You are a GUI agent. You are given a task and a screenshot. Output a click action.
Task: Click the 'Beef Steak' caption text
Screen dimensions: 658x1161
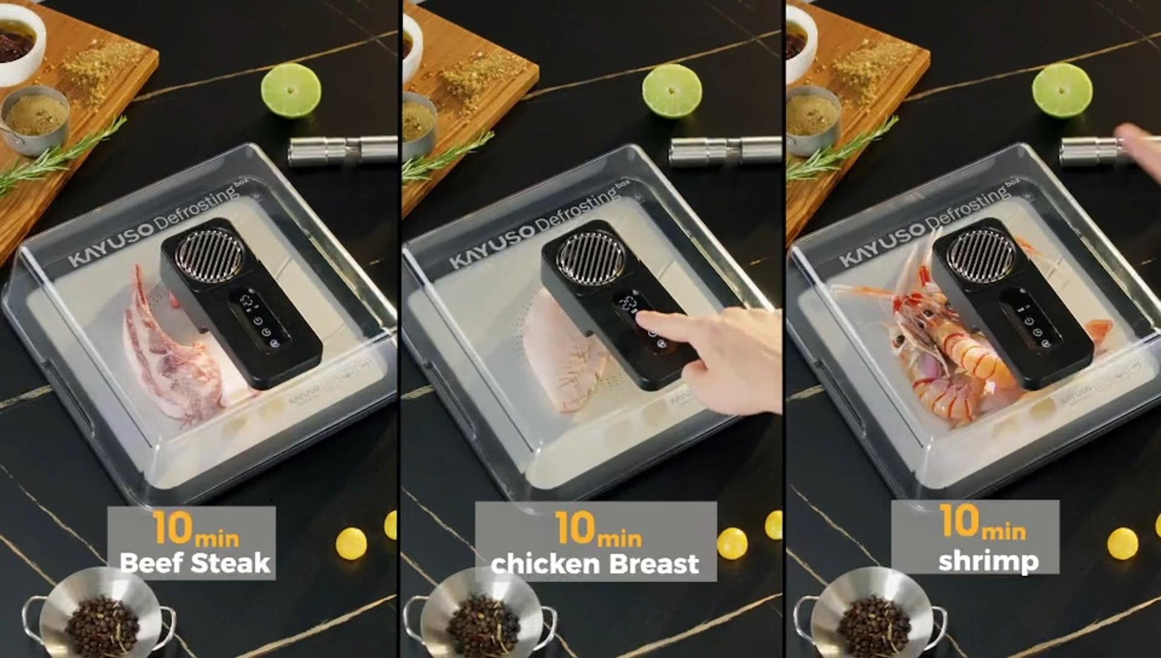tap(194, 563)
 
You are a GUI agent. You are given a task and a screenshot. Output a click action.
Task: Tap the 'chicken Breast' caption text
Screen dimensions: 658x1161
tap(595, 564)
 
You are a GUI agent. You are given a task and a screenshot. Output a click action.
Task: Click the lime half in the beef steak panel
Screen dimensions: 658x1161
tap(291, 90)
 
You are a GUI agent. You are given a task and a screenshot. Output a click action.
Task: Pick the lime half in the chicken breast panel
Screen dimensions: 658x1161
tap(672, 91)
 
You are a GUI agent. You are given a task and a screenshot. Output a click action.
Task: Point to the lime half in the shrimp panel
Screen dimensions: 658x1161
tap(1062, 90)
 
